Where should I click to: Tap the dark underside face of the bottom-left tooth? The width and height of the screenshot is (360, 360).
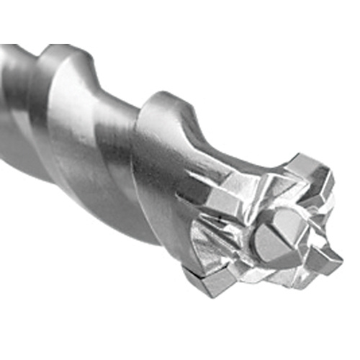coord(202,288)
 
